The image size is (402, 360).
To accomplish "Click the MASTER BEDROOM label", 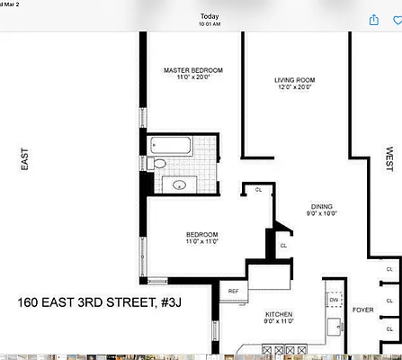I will click(x=192, y=70).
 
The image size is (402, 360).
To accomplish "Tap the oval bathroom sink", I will click(x=179, y=184).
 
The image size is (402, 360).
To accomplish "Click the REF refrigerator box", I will click(x=234, y=291).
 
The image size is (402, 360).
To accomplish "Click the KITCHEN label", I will click(x=279, y=313).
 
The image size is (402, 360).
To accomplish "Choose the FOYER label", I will click(x=362, y=310).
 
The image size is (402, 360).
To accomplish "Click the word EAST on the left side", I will click(x=24, y=160).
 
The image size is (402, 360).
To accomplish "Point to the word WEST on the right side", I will click(x=389, y=160).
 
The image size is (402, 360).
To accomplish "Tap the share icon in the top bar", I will click(x=372, y=19).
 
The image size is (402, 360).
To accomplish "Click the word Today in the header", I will click(x=209, y=16).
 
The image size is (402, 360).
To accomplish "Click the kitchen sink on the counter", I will click(x=335, y=324).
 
